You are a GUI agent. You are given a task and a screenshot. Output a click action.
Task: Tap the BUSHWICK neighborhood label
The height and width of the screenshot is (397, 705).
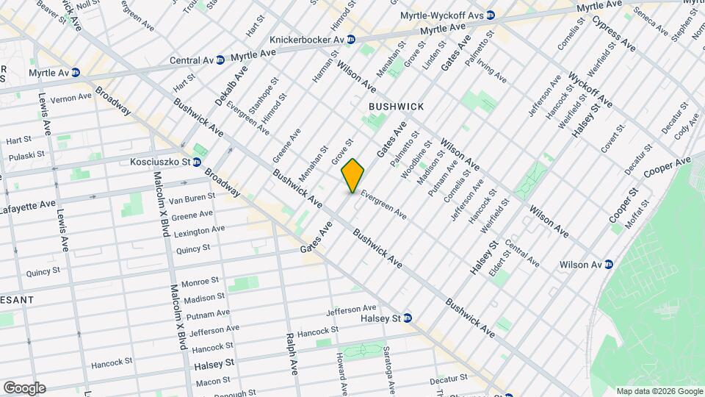(396, 107)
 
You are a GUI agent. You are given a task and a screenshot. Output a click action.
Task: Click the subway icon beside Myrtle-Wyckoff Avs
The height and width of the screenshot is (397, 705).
(491, 15)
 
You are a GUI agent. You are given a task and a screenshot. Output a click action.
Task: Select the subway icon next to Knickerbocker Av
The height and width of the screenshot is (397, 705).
(351, 39)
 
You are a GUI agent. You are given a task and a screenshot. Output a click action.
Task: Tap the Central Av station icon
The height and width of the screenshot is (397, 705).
(220, 60)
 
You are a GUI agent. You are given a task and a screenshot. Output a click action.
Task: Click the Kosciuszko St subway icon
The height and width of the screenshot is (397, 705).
(198, 162)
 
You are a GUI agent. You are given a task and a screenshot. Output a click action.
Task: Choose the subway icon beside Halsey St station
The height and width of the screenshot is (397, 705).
(408, 318)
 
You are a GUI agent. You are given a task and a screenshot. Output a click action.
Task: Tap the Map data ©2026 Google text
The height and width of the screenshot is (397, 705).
(659, 391)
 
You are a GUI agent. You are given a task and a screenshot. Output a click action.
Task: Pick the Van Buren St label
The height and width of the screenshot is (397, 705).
(191, 198)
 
